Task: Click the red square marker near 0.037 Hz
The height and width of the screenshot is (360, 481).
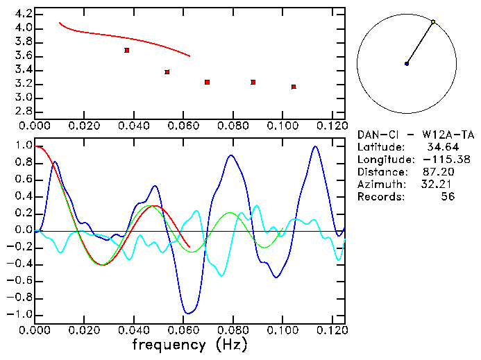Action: (x=126, y=50)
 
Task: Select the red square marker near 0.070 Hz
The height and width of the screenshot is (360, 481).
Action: (x=208, y=83)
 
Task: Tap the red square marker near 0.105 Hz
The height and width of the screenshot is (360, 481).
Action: (x=294, y=87)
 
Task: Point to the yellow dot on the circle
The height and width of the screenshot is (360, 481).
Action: (x=433, y=22)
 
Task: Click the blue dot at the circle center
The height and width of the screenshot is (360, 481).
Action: (x=407, y=64)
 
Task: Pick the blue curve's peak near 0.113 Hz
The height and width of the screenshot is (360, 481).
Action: (x=315, y=146)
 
